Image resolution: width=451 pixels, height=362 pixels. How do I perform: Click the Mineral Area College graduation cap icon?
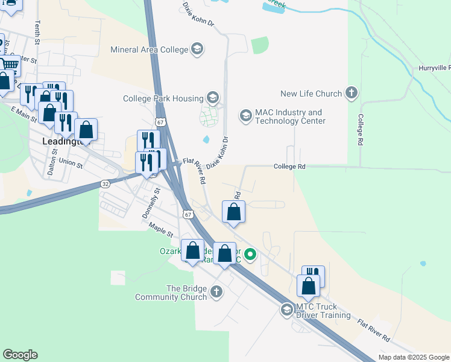(197, 49)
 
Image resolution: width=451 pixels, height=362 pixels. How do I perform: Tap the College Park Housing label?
(162, 98)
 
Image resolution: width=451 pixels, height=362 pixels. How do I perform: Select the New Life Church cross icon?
(352, 94)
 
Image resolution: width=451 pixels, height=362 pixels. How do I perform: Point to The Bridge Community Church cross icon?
(216, 293)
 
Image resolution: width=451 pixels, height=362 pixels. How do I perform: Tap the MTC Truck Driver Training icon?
(287, 310)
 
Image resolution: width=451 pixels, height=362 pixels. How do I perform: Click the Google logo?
(20, 355)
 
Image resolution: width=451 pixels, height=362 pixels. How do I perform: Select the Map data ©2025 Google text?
(413, 357)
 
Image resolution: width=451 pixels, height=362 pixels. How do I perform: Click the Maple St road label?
(162, 230)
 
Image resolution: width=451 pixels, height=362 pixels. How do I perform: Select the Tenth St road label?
(37, 33)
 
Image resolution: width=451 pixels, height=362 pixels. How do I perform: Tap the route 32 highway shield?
(106, 184)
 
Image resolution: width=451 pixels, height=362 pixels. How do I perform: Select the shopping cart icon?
(8, 65)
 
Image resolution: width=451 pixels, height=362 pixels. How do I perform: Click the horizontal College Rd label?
(289, 167)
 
